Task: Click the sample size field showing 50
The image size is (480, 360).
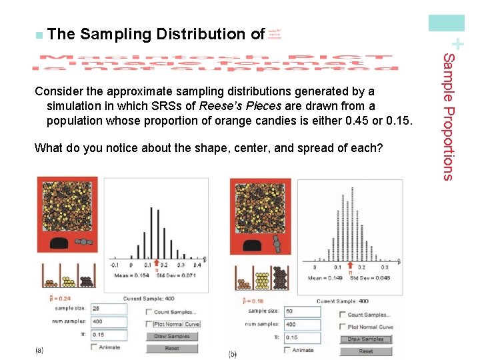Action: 303,311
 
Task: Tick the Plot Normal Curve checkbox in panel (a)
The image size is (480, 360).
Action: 148,324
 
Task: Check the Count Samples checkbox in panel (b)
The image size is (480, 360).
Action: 343,315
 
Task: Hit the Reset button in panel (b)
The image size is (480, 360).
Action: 366,351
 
